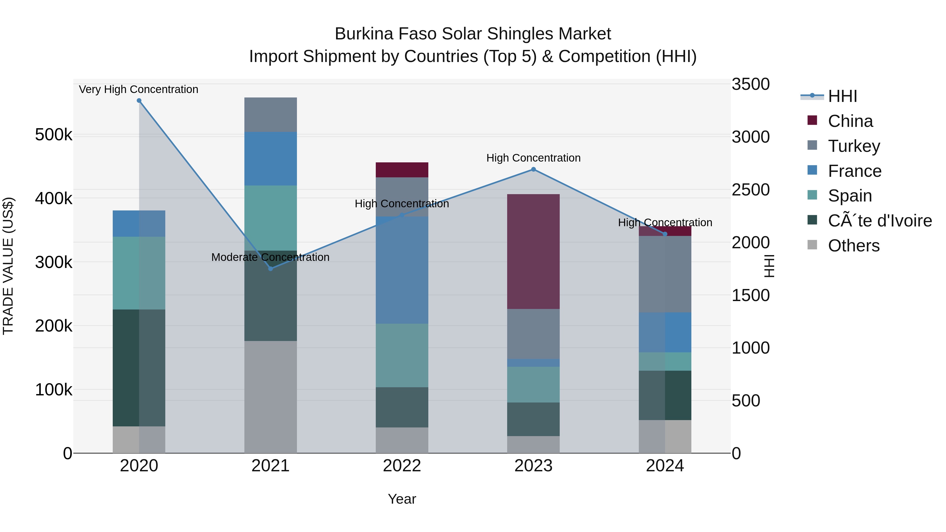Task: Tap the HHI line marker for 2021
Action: pos(271,269)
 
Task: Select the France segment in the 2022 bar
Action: pos(402,270)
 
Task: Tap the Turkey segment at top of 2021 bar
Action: pos(271,115)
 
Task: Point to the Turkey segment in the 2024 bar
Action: pos(665,274)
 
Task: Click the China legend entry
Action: pos(850,121)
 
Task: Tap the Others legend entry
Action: pos(854,246)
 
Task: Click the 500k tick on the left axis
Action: pos(54,135)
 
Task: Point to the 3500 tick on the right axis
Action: pos(750,84)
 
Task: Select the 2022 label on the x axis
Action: pos(402,466)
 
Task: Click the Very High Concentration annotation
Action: pos(138,89)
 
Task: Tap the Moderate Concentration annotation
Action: pos(270,257)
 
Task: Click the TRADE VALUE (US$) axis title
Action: pos(8,266)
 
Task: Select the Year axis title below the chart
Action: pos(402,499)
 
